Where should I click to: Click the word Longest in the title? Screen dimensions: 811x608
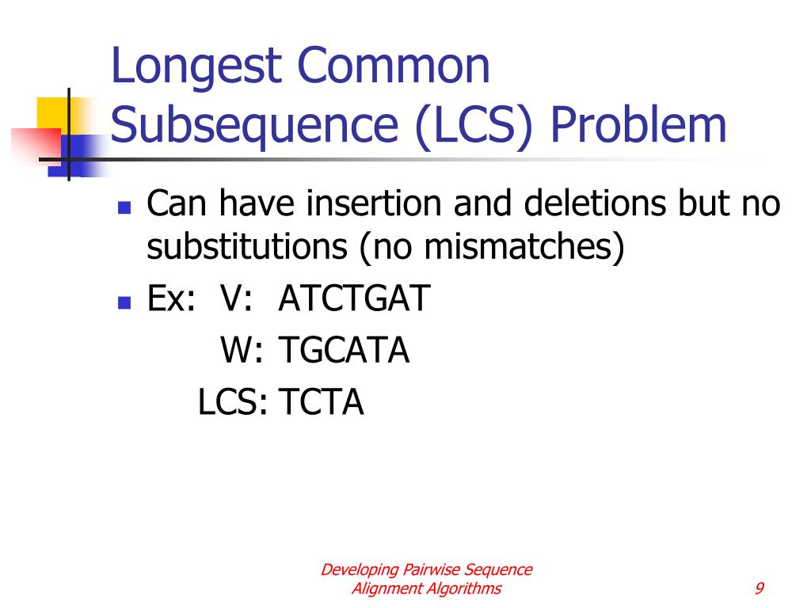(196, 67)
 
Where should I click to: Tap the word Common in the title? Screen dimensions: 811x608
(393, 65)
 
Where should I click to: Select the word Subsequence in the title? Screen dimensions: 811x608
(254, 127)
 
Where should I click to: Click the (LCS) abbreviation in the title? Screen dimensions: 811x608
(474, 127)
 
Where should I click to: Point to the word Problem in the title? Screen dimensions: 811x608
(638, 124)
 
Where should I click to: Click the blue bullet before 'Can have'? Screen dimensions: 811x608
(124, 207)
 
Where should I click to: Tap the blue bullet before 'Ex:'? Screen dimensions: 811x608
(124, 302)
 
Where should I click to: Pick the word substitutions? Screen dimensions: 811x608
(247, 247)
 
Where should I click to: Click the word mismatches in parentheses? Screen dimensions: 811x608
(518, 247)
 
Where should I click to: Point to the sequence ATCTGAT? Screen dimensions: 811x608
(354, 298)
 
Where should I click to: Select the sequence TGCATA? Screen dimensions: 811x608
(344, 351)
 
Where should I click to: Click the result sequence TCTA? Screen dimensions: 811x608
(322, 402)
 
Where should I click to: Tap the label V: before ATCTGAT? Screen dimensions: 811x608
(236, 298)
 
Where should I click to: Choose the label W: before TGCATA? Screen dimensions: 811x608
(242, 351)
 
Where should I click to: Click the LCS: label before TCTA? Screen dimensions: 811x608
(232, 402)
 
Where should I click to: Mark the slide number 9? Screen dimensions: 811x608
(760, 588)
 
